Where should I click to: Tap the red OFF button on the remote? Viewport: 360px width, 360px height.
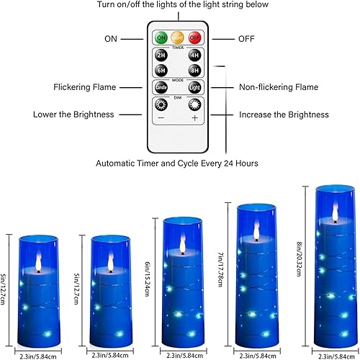pyautogui.click(x=194, y=37)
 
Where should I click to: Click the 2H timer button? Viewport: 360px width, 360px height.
pyautogui.click(x=161, y=55)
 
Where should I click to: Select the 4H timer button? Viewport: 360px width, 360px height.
pyautogui.click(x=194, y=55)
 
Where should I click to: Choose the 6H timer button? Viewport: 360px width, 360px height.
pyautogui.click(x=161, y=70)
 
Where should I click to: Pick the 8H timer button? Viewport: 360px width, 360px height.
pyautogui.click(x=194, y=70)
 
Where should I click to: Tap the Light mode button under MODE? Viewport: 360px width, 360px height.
pyautogui.click(x=194, y=88)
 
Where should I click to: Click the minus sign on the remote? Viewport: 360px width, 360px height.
pyautogui.click(x=161, y=117)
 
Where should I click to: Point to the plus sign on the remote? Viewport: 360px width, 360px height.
pyautogui.click(x=194, y=117)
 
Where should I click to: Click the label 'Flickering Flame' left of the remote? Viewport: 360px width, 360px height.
pyautogui.click(x=84, y=87)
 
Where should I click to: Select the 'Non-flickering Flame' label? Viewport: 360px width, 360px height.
pyautogui.click(x=278, y=87)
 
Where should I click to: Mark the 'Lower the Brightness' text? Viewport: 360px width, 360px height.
pyautogui.click(x=73, y=114)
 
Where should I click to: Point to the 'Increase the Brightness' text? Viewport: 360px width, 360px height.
pyautogui.click(x=284, y=114)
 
